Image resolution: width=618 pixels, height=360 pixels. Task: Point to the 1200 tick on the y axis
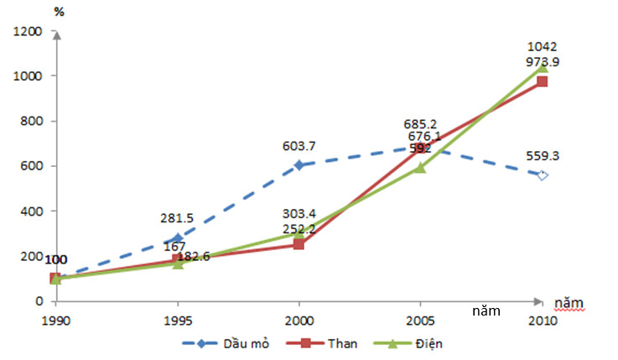point(28,31)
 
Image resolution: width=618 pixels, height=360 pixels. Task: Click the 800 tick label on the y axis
point(32,121)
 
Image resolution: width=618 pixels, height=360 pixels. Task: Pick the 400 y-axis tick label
point(32,211)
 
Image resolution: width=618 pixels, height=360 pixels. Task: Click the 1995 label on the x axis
point(177,320)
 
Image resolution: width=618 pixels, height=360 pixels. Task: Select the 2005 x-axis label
point(420,320)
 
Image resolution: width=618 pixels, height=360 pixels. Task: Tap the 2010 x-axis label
point(542,320)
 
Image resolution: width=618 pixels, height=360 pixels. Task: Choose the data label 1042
point(543,47)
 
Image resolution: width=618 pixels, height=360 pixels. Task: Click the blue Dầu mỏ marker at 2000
point(299,165)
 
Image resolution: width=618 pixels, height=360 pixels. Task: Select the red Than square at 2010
point(542,81)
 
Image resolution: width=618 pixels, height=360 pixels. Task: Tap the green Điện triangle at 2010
point(542,66)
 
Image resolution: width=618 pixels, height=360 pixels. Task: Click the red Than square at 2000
point(299,244)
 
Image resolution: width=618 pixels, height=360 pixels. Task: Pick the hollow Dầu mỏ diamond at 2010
point(542,175)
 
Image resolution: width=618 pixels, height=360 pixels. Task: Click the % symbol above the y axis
point(59,12)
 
